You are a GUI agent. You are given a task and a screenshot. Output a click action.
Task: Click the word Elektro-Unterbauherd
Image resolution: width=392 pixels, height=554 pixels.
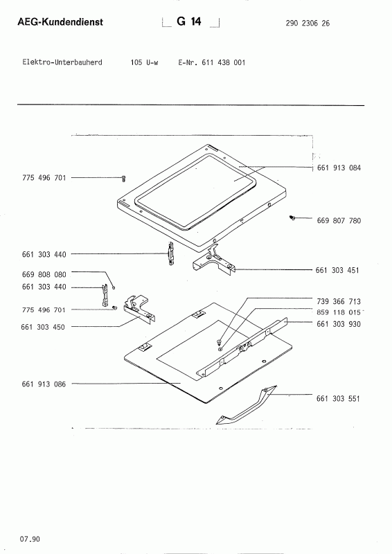pos(62,62)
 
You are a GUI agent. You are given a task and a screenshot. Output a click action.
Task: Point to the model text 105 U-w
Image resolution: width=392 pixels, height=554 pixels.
pos(144,62)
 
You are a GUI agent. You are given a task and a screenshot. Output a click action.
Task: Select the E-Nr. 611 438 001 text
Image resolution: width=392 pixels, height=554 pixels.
pos(211,62)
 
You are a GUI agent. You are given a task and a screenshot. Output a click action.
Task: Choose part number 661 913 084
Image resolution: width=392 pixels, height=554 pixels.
pos(339,168)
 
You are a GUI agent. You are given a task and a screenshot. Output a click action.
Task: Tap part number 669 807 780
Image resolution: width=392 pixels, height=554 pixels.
pos(339,221)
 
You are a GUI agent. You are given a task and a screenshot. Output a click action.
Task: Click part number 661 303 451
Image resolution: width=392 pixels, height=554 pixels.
pos(339,270)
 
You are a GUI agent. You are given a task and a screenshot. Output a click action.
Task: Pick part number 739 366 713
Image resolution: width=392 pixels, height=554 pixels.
pos(339,302)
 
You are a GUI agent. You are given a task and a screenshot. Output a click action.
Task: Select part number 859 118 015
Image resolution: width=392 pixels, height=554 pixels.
pos(339,312)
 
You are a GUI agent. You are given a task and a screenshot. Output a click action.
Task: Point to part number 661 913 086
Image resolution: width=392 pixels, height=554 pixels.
pos(44,384)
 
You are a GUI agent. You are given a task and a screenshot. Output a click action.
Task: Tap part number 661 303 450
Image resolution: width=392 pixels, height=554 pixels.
pos(44,326)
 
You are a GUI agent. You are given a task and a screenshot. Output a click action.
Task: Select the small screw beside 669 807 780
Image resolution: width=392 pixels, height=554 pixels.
pos(293,219)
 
